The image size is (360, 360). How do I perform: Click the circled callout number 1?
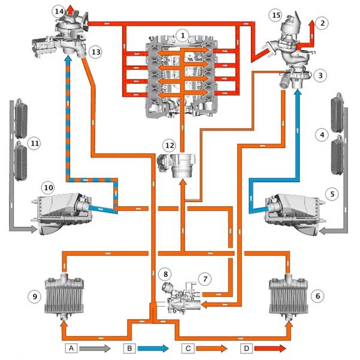point(183,35)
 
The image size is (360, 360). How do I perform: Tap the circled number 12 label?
point(170,146)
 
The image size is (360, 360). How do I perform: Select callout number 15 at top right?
point(276,15)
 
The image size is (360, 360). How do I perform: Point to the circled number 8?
point(166,274)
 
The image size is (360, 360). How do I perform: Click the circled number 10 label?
point(48,187)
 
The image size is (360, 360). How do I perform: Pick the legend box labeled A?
point(71,348)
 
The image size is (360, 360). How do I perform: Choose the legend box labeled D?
point(246,348)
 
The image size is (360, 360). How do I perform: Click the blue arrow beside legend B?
point(153,348)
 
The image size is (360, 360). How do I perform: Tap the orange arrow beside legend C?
point(211,348)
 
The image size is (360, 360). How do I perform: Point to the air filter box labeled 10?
point(62,213)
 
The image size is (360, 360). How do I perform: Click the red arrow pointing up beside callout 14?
point(71,10)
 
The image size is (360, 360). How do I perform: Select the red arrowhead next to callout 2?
point(312,23)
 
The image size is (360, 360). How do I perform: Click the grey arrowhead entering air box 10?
point(34,229)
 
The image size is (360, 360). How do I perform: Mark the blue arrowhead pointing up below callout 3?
point(298,93)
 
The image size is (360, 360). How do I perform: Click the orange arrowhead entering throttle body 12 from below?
point(183,183)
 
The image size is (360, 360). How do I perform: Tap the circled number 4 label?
point(322,135)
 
